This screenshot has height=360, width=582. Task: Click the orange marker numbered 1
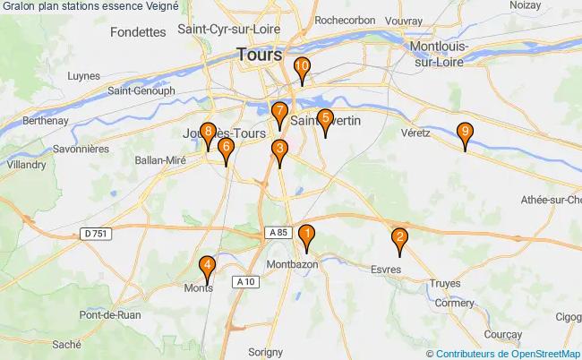click(x=306, y=236)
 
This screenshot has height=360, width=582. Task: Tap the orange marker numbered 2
click(x=399, y=239)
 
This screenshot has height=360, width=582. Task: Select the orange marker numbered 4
click(x=208, y=266)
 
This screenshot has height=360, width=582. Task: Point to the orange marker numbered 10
click(x=302, y=67)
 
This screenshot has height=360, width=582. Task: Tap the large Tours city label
click(x=259, y=55)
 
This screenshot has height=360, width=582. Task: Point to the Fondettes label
click(x=139, y=31)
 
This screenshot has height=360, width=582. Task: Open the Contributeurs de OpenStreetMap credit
click(x=509, y=354)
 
